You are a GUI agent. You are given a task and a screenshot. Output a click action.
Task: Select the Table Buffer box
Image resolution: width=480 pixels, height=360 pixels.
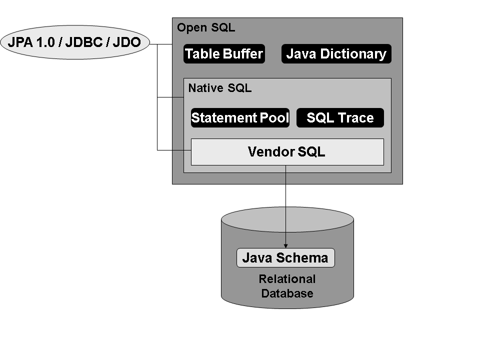point(224,54)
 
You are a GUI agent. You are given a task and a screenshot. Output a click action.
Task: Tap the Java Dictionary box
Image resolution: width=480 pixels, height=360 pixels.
point(336,54)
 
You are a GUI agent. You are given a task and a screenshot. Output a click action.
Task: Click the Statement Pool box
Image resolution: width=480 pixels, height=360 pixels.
point(240,118)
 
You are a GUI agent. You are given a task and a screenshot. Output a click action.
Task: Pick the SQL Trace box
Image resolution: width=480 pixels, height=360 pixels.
point(340,118)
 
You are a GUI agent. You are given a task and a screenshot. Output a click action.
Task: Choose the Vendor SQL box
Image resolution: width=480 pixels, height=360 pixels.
point(287,152)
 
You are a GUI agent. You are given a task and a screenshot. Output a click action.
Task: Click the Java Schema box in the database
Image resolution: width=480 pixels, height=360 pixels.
point(285,258)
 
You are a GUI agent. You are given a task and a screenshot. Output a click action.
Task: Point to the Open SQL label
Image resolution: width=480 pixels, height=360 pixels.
point(206,28)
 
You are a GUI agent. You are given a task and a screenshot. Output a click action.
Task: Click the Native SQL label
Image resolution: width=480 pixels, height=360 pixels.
point(220,88)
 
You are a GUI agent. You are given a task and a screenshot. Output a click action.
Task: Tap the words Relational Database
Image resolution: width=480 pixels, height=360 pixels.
point(287,286)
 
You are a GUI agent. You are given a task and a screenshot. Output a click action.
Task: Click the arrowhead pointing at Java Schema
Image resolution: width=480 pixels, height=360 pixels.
point(286,245)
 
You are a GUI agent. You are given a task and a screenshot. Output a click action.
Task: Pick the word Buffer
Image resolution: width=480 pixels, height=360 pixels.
point(245,54)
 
